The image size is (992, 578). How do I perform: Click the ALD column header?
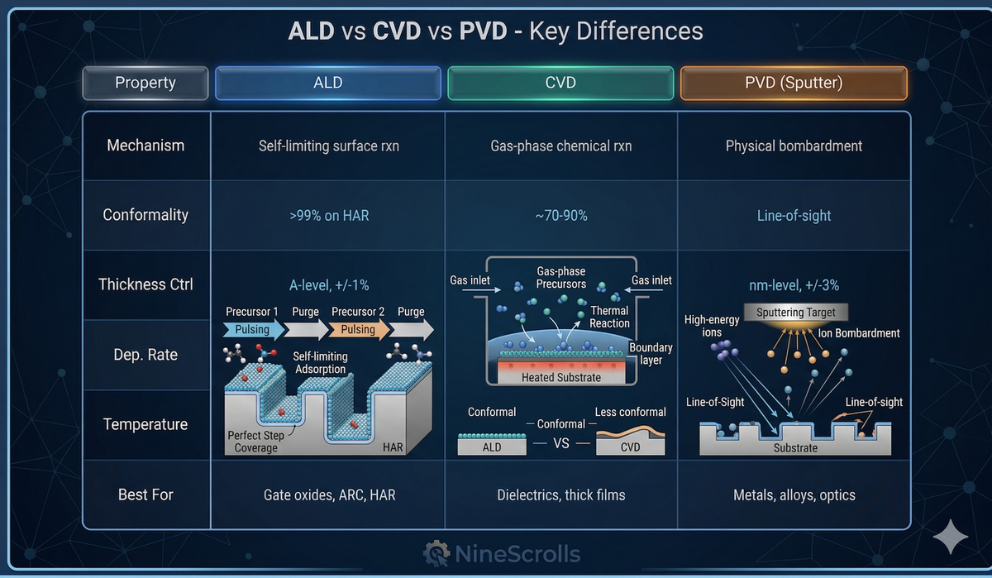(x=327, y=83)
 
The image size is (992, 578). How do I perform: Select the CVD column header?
(x=560, y=83)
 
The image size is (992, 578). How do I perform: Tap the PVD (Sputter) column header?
(x=794, y=83)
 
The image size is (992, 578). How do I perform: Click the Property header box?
(x=145, y=83)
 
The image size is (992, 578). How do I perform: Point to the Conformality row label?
(x=145, y=215)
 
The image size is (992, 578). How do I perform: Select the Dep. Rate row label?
(x=145, y=355)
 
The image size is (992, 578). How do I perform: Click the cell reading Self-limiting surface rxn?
(x=327, y=146)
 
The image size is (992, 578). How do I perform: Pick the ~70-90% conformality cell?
(x=560, y=216)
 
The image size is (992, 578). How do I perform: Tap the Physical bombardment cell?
(x=794, y=146)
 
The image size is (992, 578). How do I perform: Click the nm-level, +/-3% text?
(x=794, y=285)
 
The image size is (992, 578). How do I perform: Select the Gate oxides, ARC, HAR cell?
(x=327, y=495)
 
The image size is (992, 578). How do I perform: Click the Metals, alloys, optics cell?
(x=794, y=495)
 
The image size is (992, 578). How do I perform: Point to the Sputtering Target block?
(x=795, y=313)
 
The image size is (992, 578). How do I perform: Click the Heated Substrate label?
(x=561, y=377)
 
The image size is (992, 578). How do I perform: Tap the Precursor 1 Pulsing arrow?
(x=253, y=329)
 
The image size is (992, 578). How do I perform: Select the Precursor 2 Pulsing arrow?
(x=359, y=329)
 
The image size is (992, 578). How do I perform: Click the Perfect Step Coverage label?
(x=256, y=441)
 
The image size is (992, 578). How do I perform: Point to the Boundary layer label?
(x=651, y=353)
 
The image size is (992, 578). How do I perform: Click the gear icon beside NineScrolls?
(x=436, y=553)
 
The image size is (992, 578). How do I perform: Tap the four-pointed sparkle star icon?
(x=950, y=537)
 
